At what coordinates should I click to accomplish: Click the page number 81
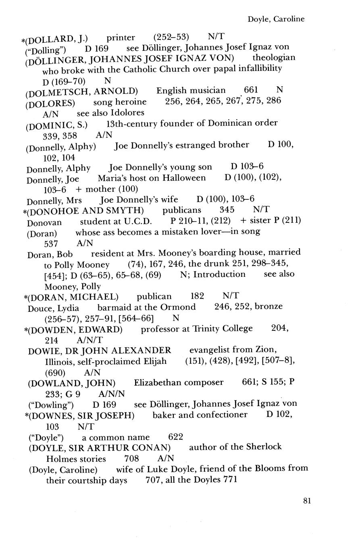(307, 501)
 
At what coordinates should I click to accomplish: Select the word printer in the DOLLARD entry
(121, 38)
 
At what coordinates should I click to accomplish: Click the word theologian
(274, 57)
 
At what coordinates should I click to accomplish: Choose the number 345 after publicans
(227, 210)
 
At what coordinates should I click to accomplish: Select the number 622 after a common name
(175, 437)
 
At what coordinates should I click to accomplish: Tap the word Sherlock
(265, 447)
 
